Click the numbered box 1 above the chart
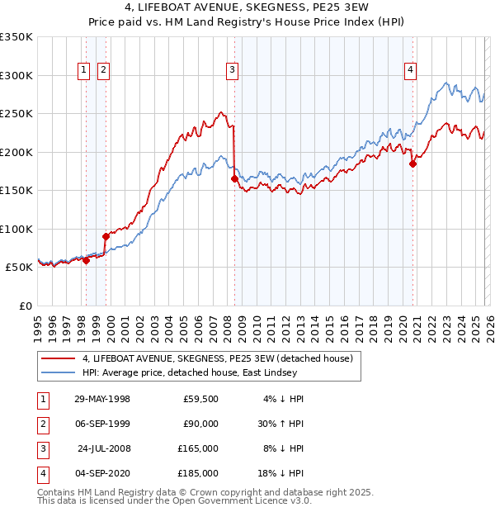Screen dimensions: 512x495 click(84, 71)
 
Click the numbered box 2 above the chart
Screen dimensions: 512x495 click(103, 71)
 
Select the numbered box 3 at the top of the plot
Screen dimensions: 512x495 click(233, 71)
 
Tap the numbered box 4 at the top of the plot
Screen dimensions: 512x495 click(410, 71)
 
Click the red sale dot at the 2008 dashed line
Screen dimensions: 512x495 click(234, 178)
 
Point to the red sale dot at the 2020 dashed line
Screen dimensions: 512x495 click(412, 164)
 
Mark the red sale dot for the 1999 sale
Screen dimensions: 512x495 click(106, 236)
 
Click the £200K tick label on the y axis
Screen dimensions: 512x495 click(16, 152)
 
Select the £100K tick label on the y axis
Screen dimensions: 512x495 click(16, 229)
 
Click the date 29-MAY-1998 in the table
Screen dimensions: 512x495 click(102, 399)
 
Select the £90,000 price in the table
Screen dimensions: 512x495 click(200, 424)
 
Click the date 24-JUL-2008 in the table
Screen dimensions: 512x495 click(103, 448)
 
